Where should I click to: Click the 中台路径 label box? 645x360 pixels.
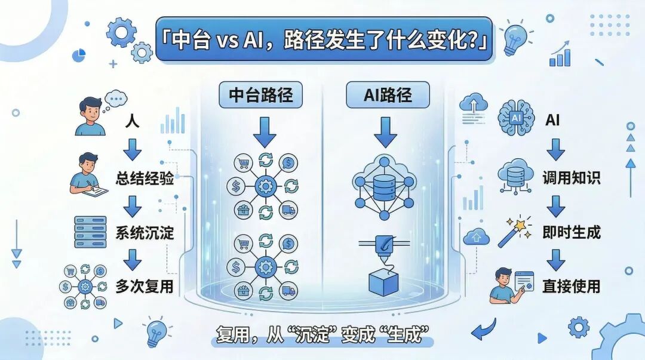[x=261, y=94]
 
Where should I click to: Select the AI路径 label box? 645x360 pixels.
[x=388, y=94]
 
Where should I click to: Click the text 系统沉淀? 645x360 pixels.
[x=145, y=232]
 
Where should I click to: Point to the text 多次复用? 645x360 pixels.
[x=145, y=286]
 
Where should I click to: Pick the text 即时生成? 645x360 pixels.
[x=572, y=232]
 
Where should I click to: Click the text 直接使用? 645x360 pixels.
[x=572, y=286]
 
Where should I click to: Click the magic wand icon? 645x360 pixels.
[x=515, y=232]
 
